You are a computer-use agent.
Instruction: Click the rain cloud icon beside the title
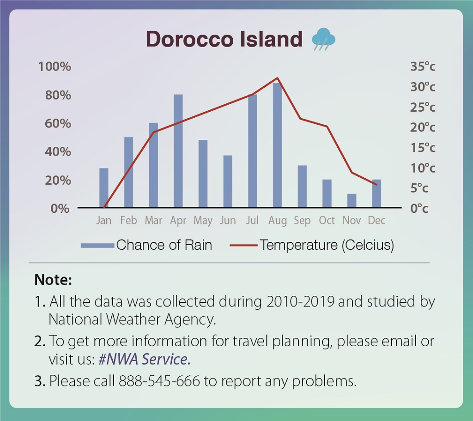323,39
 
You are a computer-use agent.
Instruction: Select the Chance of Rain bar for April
178,151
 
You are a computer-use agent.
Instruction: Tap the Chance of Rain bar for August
277,145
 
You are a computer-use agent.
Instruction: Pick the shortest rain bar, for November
352,200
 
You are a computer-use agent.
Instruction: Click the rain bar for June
228,181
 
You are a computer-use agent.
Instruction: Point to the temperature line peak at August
277,78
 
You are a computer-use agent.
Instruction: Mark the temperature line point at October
327,126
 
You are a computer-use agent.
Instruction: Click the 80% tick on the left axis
58,95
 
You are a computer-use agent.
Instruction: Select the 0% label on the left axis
60,208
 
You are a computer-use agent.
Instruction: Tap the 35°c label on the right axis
423,66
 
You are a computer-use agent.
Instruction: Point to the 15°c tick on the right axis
423,147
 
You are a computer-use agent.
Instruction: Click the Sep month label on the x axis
302,221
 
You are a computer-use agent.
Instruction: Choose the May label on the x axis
203,221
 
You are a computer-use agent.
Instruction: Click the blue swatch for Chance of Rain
97,246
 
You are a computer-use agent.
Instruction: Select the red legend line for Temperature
243,246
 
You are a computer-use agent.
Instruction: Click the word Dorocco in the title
190,39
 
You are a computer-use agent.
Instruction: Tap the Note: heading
53,280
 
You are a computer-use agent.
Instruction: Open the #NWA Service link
145,359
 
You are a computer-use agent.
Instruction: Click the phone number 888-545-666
159,381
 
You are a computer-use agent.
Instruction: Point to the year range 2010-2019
300,301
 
